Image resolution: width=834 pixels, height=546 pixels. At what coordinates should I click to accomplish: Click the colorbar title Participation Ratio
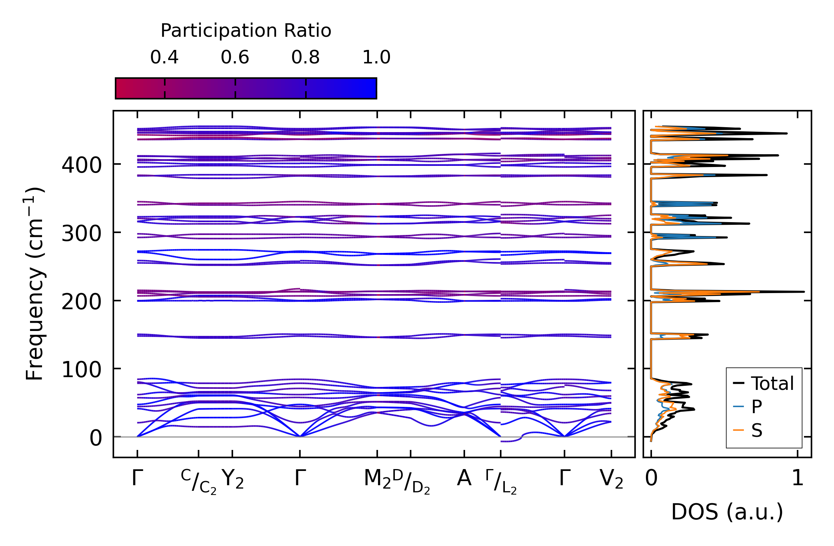pos(246,30)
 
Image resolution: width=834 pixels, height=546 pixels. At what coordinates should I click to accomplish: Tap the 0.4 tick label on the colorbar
pos(164,57)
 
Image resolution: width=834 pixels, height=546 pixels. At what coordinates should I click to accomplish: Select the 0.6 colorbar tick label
pos(235,57)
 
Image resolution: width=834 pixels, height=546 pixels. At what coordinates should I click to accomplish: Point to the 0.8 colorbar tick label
pos(306,57)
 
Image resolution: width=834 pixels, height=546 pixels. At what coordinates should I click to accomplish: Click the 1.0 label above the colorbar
pos(376,57)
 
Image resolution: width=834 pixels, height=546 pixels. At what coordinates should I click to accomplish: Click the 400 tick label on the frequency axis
pos(81,165)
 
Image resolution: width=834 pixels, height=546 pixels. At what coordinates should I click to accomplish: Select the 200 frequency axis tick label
pos(81,301)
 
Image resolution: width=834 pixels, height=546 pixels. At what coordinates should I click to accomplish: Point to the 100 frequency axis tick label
pos(81,370)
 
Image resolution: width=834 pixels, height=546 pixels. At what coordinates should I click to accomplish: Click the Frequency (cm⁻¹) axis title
pos(35,284)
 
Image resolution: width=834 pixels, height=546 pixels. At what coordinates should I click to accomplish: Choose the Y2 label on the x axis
pos(233,479)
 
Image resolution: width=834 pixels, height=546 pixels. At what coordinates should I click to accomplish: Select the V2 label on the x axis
pos(611,479)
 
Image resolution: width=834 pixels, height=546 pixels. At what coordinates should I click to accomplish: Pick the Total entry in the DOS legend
pos(772,384)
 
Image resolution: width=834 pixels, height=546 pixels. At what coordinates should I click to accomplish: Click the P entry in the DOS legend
pos(756,406)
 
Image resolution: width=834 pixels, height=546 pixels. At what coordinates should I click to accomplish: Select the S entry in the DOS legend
pos(756,430)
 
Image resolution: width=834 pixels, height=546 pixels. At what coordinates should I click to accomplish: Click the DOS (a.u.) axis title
pos(727,512)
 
